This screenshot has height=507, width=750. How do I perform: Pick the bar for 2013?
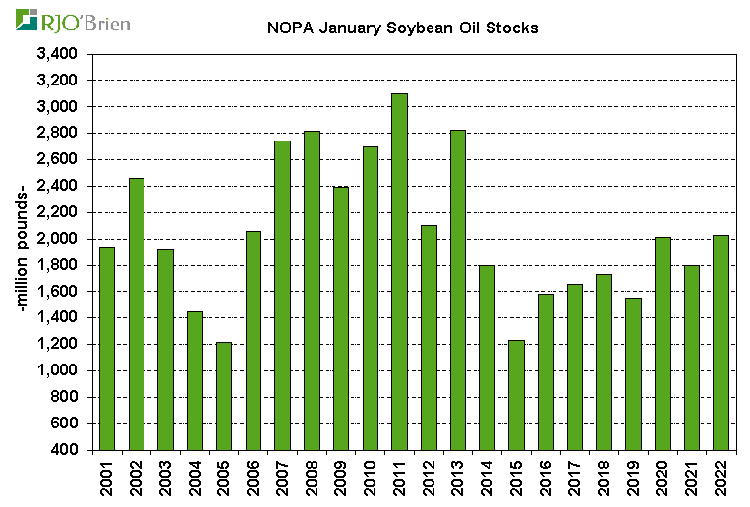(458, 290)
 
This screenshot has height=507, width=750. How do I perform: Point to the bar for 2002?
(136, 313)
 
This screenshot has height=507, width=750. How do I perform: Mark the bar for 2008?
(312, 290)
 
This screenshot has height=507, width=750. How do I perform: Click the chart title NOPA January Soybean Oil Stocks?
(403, 28)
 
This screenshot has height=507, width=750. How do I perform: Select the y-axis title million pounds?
(22, 253)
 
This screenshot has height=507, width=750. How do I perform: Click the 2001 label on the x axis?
(107, 479)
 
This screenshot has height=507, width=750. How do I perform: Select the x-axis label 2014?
(488, 479)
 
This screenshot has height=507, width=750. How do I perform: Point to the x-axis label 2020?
(663, 479)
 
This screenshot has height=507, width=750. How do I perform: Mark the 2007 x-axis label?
(283, 479)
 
